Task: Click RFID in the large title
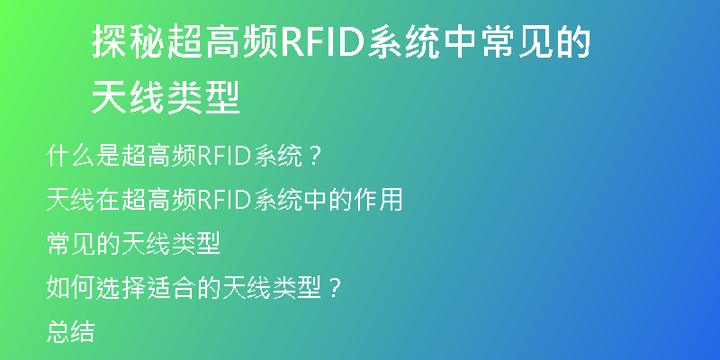(x=321, y=42)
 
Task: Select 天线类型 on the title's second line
(x=166, y=97)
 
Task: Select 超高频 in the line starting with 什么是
(x=158, y=156)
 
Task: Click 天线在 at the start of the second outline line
(x=84, y=200)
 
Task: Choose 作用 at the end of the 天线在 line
(x=378, y=200)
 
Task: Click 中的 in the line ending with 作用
(x=328, y=200)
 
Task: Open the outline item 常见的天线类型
(x=133, y=244)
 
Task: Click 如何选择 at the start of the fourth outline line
(x=96, y=288)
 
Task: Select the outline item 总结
(x=71, y=331)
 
